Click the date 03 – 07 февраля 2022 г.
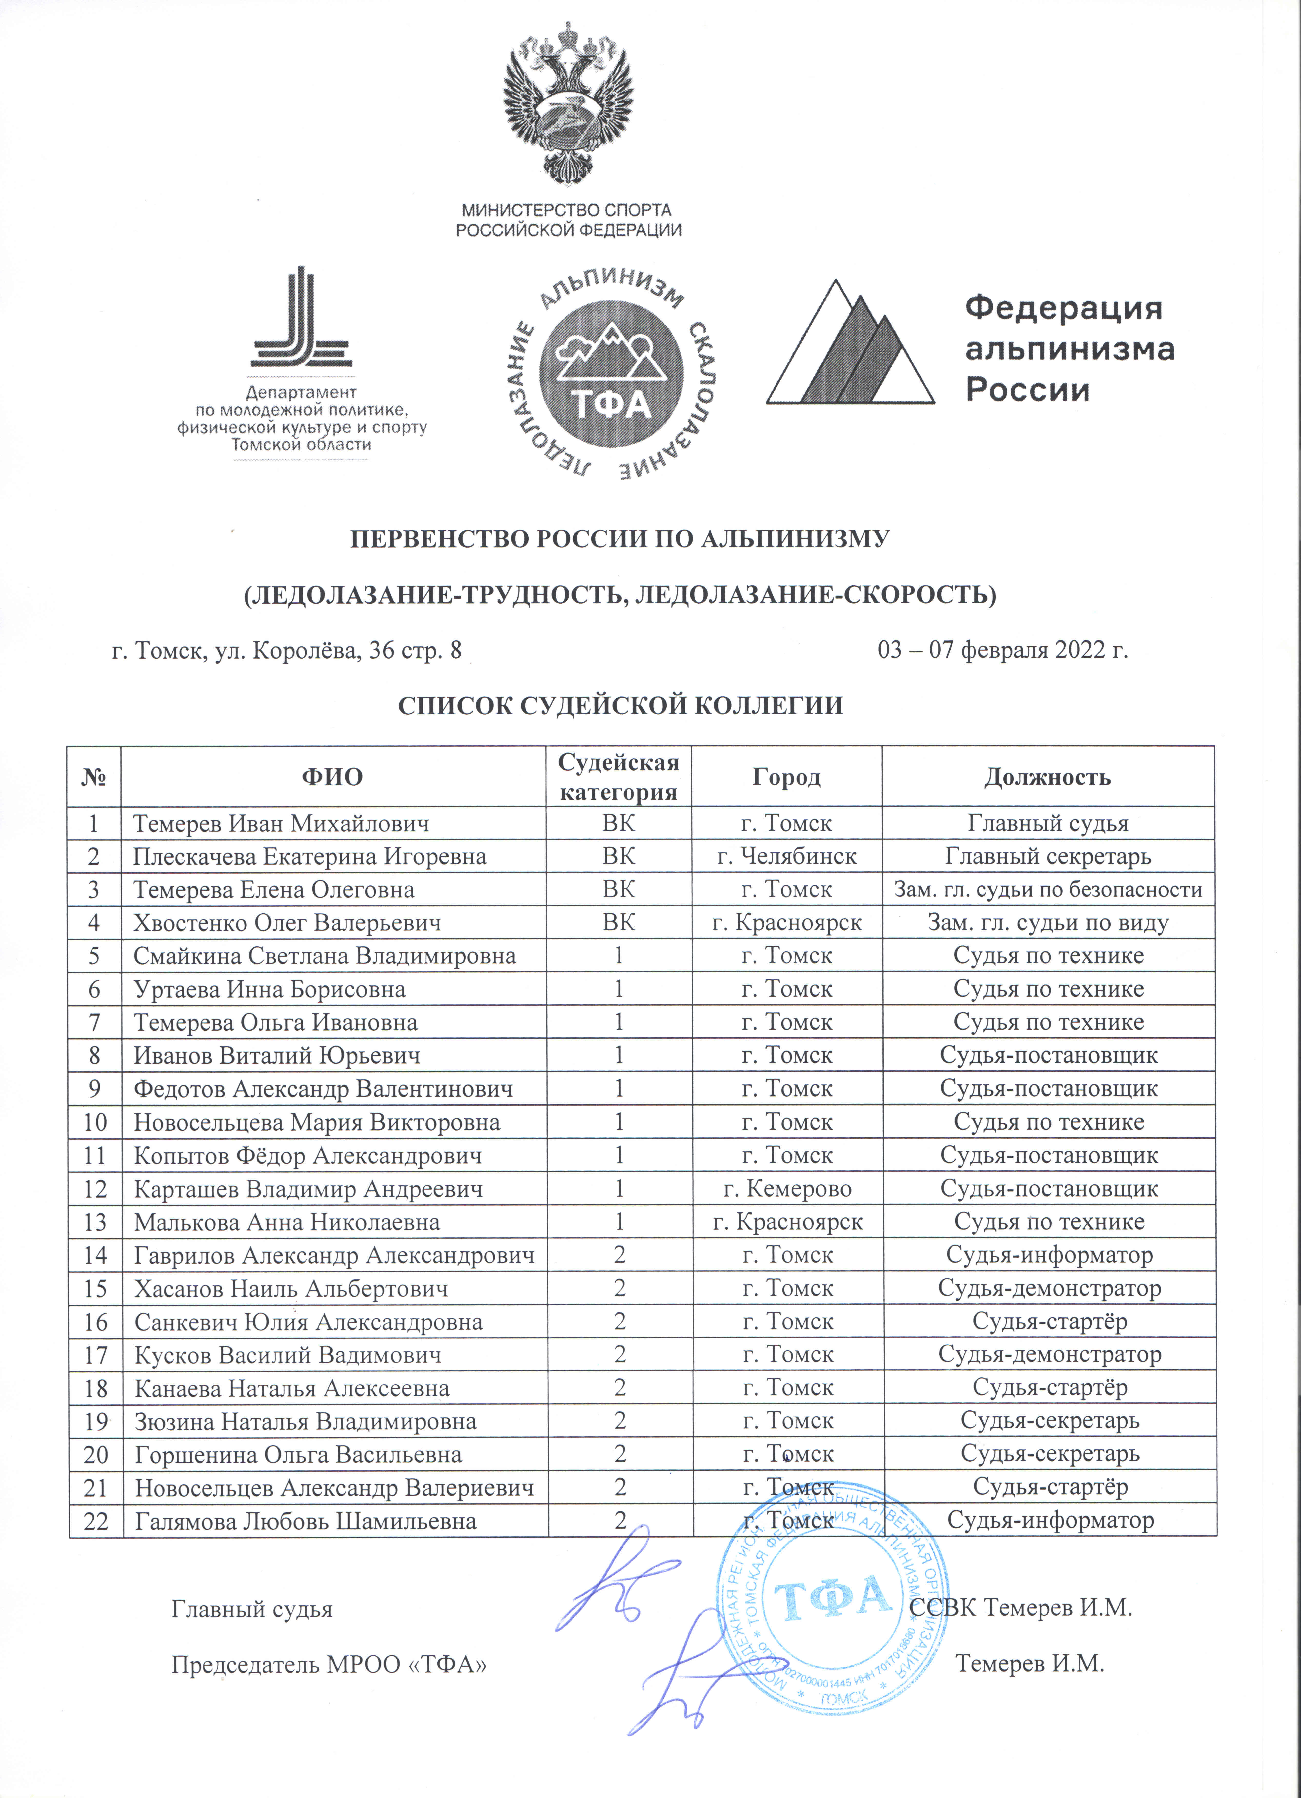pyautogui.click(x=1003, y=650)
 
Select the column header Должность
pyautogui.click(x=1047, y=777)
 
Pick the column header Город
pyautogui.click(x=786, y=777)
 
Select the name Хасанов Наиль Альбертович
pyautogui.click(x=291, y=1288)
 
